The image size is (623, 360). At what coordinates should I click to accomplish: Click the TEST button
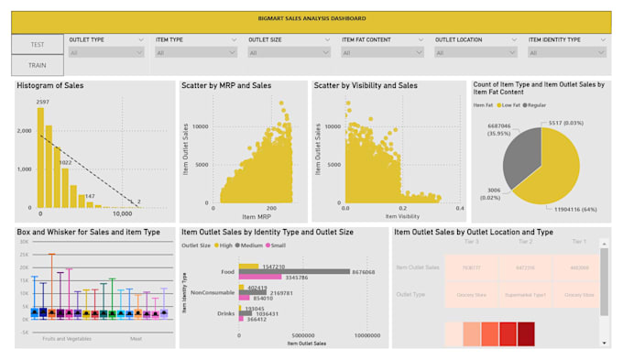pyautogui.click(x=38, y=44)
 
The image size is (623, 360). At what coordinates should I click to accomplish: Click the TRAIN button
pyautogui.click(x=38, y=66)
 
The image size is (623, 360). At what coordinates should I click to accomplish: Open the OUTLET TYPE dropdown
pyautogui.click(x=106, y=53)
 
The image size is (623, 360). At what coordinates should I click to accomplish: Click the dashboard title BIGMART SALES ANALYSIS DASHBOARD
pyautogui.click(x=311, y=18)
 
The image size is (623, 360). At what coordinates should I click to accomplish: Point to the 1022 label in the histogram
pyautogui.click(x=65, y=162)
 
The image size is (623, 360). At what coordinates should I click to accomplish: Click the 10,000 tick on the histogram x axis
pyautogui.click(x=124, y=213)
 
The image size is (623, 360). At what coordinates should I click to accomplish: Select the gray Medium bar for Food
pyautogui.click(x=293, y=271)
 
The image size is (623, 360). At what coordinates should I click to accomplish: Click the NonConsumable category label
pyautogui.click(x=213, y=292)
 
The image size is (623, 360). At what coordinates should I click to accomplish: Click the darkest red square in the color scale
pyautogui.click(x=526, y=333)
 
